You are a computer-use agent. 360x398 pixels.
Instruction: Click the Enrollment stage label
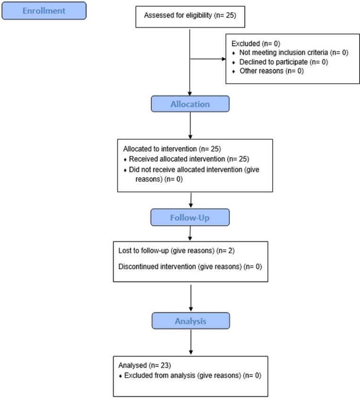44,11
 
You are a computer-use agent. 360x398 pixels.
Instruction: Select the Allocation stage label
190,104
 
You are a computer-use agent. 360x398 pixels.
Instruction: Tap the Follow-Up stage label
190,217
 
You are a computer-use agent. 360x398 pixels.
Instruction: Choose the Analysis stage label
190,321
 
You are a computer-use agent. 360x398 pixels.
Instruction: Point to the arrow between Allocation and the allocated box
190,125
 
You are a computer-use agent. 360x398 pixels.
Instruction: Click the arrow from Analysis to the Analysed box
190,342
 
